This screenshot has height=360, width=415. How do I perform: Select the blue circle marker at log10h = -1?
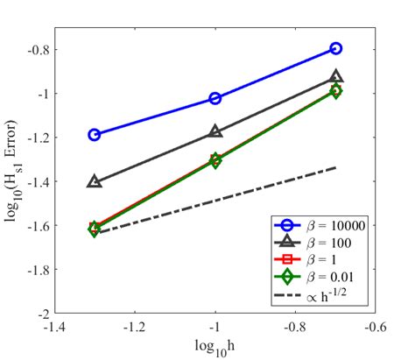coord(215,98)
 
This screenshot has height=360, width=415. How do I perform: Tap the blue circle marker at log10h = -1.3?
coord(95,135)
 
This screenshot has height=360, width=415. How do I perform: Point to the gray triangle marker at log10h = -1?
coord(215,131)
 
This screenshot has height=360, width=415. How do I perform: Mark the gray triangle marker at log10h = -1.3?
coord(95,181)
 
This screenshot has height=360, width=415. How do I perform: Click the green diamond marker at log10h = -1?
coord(215,160)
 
